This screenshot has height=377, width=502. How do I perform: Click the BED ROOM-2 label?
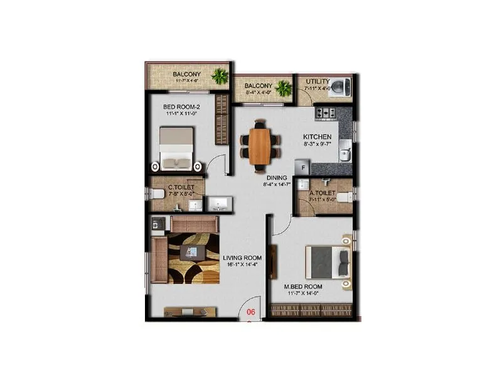click(x=181, y=107)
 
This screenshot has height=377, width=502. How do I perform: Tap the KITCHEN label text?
click(x=317, y=136)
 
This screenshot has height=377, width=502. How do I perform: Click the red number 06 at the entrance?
click(x=250, y=311)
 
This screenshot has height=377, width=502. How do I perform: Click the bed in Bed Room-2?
click(x=176, y=148)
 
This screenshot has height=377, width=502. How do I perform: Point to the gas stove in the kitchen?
click(x=326, y=113)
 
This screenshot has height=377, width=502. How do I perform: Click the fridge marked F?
click(x=302, y=168)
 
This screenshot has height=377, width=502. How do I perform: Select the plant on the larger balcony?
click(x=220, y=77)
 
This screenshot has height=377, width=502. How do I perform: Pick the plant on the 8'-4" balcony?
click(x=284, y=88)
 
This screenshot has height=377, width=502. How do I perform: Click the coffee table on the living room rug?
click(x=191, y=253)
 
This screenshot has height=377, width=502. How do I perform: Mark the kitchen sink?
click(x=344, y=151)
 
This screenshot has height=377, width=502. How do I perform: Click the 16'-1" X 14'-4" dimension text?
click(x=242, y=265)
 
